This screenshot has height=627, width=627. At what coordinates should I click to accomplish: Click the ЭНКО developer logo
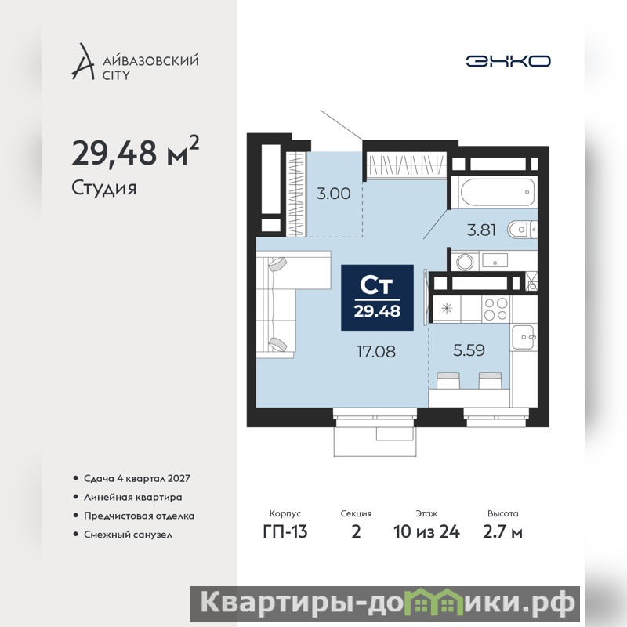(x=508, y=61)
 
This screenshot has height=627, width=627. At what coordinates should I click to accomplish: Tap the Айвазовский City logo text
(x=150, y=67)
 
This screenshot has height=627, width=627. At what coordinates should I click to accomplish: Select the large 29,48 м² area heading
(x=135, y=151)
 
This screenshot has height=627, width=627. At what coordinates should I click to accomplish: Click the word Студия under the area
(x=104, y=188)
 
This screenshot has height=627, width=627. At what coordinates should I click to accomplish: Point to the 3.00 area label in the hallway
(x=334, y=194)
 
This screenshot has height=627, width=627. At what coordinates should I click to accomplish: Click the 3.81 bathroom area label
(x=481, y=230)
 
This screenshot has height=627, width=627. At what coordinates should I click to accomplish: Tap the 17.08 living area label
(x=376, y=351)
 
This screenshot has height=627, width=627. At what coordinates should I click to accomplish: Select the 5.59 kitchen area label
(x=469, y=350)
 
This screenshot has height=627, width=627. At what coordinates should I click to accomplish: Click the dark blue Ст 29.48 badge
(x=377, y=298)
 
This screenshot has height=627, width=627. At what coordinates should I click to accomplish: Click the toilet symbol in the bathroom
(x=522, y=230)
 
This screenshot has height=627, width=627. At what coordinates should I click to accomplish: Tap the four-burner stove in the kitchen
(x=496, y=309)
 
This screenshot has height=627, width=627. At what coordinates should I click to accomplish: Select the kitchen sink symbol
(x=523, y=336)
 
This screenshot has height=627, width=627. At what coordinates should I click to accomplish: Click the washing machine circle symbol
(x=465, y=262)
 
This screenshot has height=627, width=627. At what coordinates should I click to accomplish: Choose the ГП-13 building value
(x=285, y=532)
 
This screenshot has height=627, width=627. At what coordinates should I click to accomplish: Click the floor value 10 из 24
(x=426, y=532)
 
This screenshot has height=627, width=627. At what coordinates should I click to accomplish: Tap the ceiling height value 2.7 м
(x=502, y=532)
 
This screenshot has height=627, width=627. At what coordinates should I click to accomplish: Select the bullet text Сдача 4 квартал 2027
(x=136, y=478)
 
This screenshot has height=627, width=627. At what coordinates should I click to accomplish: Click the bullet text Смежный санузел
(x=128, y=535)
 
